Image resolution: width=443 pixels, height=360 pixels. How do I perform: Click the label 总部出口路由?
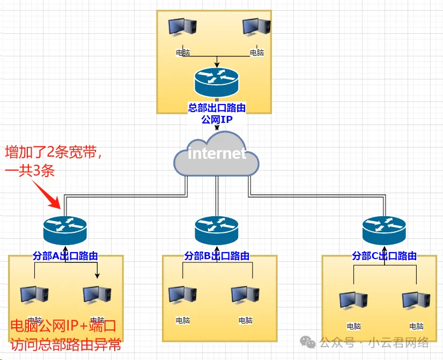pyautogui.click(x=217, y=108)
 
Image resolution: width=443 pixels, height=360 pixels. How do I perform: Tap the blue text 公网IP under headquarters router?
pyautogui.click(x=217, y=119)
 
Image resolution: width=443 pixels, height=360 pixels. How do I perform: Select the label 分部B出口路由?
pyautogui.click(x=217, y=256)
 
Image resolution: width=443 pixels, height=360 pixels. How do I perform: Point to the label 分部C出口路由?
pyautogui.click(x=384, y=256)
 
